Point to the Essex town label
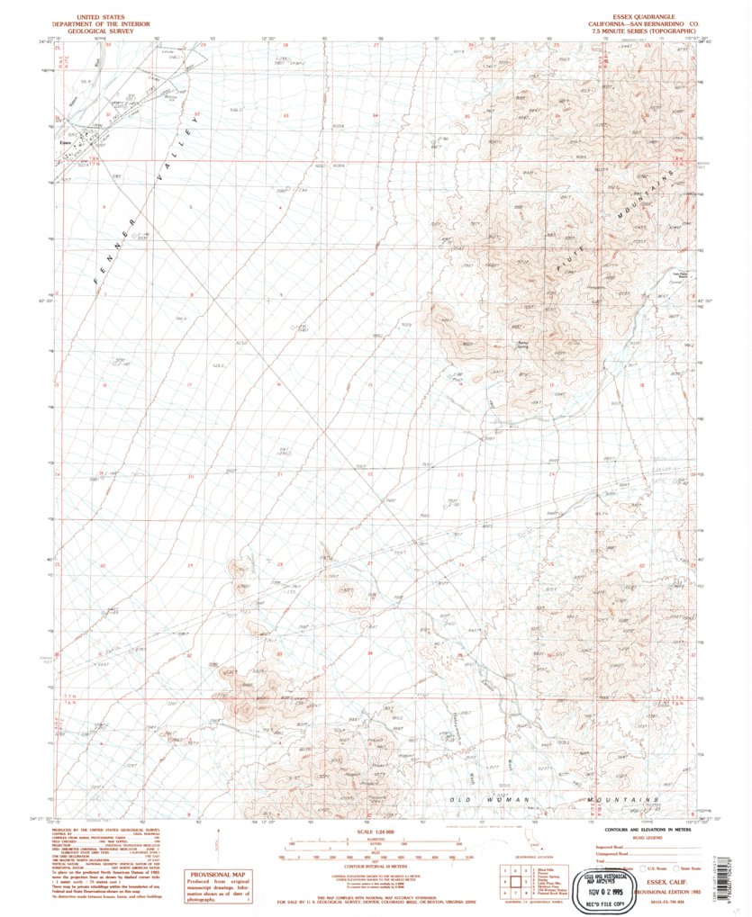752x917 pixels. click(x=63, y=141)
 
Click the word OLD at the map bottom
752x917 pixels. click(x=461, y=798)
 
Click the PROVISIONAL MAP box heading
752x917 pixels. click(x=216, y=874)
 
